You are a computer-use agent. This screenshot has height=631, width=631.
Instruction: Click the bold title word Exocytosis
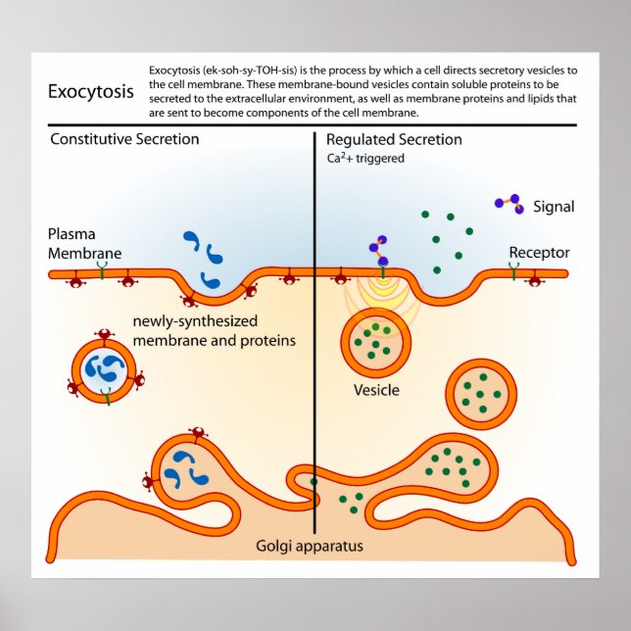[91, 91]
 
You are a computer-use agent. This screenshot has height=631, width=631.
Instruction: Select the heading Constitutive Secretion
[124, 139]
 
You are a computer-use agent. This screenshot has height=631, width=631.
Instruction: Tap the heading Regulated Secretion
[393, 139]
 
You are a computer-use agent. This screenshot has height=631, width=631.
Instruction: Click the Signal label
[554, 207]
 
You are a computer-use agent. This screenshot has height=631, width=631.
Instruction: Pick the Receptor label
[539, 253]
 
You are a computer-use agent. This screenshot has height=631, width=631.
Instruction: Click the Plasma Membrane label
[85, 244]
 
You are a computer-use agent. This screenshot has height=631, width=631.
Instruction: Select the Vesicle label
[376, 390]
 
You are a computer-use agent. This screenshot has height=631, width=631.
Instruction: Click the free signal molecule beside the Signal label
[507, 202]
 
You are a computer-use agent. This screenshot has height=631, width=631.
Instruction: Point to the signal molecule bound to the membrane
[378, 252]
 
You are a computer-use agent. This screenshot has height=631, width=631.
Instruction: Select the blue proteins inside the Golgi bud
[182, 467]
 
